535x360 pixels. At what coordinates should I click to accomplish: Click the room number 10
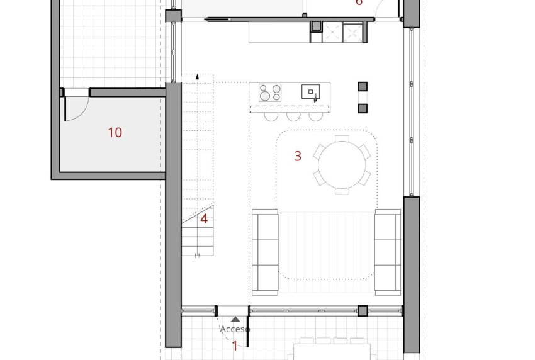(115, 133)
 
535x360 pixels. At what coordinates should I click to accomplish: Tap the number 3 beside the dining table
(298, 156)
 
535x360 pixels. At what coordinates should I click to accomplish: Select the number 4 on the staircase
(204, 219)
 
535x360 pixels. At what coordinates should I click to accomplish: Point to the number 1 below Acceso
(235, 346)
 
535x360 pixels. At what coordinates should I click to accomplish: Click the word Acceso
(235, 329)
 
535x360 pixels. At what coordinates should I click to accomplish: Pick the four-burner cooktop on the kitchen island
(271, 93)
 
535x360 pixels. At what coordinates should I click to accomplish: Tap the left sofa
(265, 252)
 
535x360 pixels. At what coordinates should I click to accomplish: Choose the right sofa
(388, 252)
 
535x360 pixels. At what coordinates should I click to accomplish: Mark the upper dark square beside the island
(363, 86)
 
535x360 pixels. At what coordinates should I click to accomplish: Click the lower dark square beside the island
(363, 108)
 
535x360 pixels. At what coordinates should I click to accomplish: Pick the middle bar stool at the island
(293, 116)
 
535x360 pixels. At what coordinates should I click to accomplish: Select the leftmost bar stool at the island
(271, 116)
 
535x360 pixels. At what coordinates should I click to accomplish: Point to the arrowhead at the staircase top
(198, 76)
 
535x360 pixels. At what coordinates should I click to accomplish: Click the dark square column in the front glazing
(363, 310)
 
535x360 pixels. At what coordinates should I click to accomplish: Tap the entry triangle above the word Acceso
(235, 320)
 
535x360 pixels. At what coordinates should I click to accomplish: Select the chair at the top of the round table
(342, 139)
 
